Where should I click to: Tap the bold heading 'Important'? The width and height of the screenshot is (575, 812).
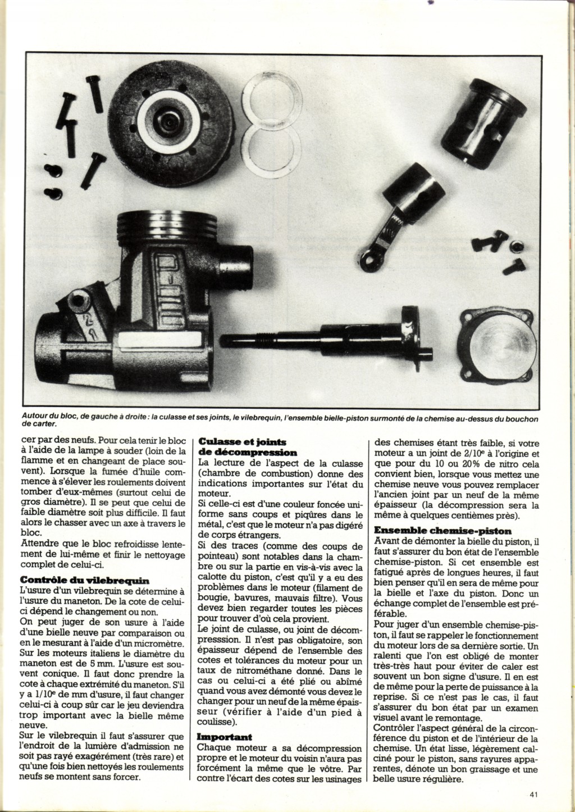tap(225, 736)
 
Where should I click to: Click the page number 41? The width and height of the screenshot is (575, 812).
tap(533, 794)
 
